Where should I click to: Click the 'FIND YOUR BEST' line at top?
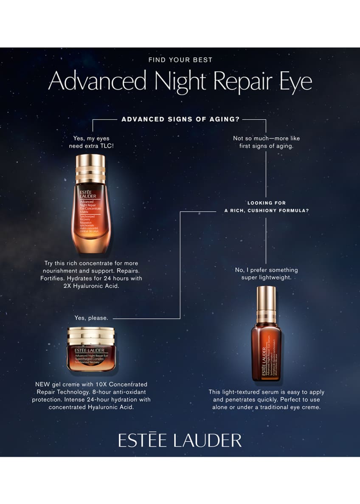(180, 60)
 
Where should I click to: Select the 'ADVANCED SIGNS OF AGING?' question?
(180, 119)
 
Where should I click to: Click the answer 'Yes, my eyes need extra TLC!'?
(92, 142)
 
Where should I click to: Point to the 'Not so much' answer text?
(266, 142)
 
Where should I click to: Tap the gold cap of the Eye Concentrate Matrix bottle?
(90, 169)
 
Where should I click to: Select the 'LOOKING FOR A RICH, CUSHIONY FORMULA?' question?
(267, 206)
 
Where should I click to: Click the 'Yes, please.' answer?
(91, 318)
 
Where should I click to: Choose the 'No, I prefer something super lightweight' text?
(266, 273)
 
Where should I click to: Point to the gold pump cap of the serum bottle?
(266, 301)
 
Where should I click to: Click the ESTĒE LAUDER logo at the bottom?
(180, 440)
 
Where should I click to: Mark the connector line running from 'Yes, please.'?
(146, 318)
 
